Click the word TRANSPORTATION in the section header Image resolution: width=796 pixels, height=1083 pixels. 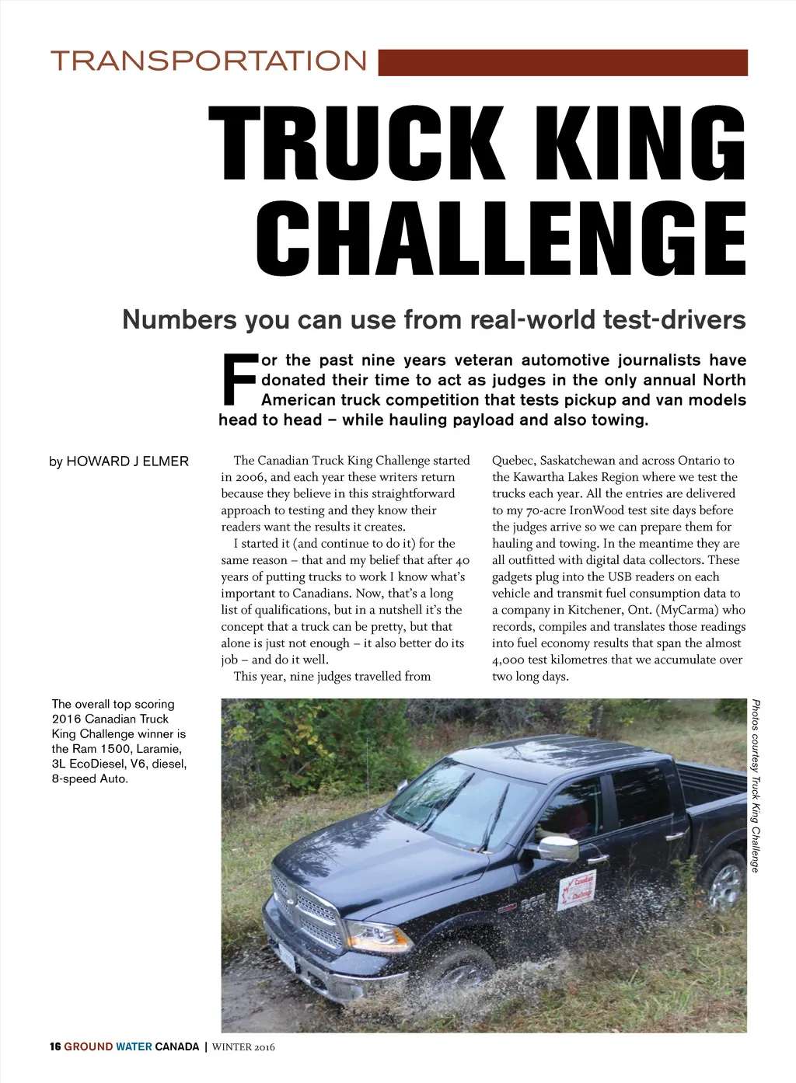pyautogui.click(x=208, y=61)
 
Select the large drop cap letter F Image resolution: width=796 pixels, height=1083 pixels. pyautogui.click(x=239, y=380)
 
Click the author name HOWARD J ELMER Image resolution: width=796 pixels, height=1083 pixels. pyautogui.click(x=127, y=461)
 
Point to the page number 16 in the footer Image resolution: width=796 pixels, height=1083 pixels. pyautogui.click(x=55, y=1046)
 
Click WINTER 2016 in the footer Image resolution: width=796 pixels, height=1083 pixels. pyautogui.click(x=243, y=1046)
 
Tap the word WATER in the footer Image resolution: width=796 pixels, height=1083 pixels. pyautogui.click(x=134, y=1046)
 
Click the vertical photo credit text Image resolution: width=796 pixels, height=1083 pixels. pyautogui.click(x=756, y=785)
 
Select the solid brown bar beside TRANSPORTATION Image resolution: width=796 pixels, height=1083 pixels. pyautogui.click(x=563, y=62)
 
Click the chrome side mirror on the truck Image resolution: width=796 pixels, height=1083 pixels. pyautogui.click(x=559, y=848)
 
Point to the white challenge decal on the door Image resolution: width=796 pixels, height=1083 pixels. pyautogui.click(x=577, y=890)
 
